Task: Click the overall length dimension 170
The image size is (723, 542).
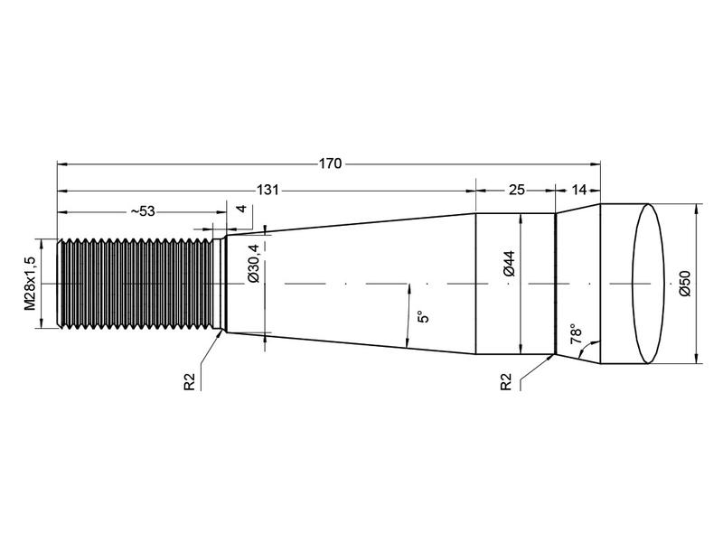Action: click(330, 164)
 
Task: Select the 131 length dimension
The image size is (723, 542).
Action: click(267, 191)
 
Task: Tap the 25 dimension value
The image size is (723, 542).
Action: click(516, 191)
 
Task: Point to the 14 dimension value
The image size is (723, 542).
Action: click(579, 191)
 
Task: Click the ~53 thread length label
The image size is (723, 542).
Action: click(141, 211)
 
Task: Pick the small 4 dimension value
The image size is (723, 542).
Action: click(241, 210)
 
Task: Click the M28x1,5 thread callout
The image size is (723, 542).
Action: click(30, 284)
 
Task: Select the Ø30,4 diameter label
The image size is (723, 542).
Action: click(254, 263)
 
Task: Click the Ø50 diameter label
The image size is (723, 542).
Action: click(684, 284)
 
